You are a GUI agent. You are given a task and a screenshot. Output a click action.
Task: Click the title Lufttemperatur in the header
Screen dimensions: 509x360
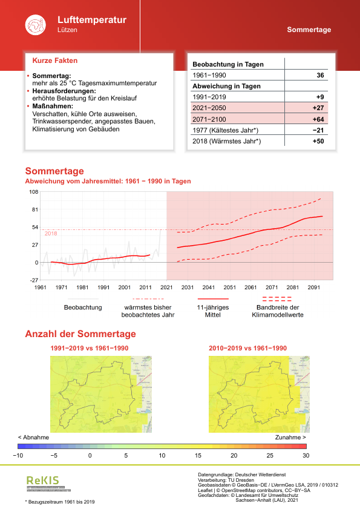pos(91,20)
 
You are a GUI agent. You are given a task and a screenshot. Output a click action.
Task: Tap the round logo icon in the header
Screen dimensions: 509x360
pos(34,25)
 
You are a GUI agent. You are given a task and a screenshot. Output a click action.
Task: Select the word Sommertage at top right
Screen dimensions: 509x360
pos(309,30)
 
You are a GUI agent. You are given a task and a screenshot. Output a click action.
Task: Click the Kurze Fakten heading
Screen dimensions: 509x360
pos(54,61)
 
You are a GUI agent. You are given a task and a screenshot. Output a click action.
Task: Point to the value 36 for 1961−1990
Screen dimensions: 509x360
pos(320,76)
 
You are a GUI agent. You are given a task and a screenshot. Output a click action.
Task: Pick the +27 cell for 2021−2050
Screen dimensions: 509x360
pos(318,108)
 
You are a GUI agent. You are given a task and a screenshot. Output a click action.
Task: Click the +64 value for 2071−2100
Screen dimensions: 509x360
pos(318,119)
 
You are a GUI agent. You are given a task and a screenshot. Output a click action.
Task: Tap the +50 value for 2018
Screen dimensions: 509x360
pos(318,141)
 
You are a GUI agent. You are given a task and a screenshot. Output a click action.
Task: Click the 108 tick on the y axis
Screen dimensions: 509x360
pos(34,192)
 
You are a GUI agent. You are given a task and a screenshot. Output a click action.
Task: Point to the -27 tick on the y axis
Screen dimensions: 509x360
pos(34,280)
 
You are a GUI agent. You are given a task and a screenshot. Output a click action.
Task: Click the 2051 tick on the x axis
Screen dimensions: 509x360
pos(229,287)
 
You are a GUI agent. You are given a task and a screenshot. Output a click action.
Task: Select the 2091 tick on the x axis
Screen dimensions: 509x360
pos(313,287)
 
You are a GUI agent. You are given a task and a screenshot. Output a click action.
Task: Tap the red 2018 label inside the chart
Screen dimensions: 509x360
pos(51,234)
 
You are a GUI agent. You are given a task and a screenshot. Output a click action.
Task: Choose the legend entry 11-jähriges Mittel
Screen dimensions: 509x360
pos(212,311)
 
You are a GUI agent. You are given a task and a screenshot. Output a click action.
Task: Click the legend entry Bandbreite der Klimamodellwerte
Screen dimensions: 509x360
pos(277,311)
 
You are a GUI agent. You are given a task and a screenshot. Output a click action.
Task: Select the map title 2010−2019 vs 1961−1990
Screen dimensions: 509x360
pos(247,349)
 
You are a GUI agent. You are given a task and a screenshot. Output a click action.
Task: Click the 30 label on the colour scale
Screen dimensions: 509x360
pos(306,455)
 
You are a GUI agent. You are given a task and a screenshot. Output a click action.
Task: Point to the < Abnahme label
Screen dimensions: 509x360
pos(33,437)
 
